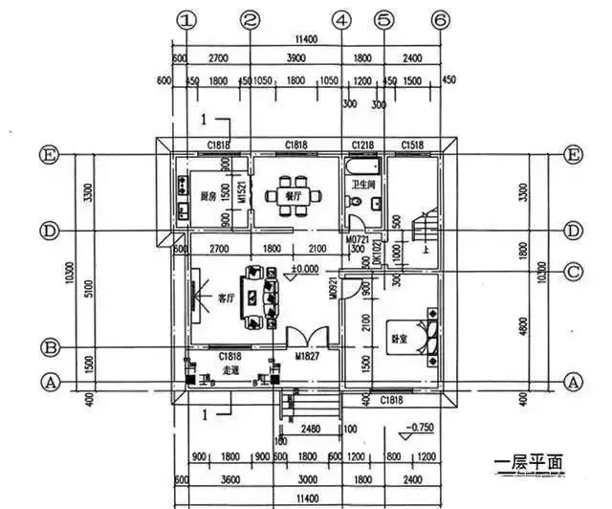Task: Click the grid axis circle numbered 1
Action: (x=187, y=19)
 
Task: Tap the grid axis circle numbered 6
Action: (x=440, y=19)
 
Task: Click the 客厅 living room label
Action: (x=226, y=299)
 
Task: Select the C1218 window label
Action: (x=363, y=144)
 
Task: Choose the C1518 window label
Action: (x=413, y=144)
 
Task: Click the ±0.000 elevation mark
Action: (x=305, y=269)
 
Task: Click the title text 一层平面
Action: (x=530, y=465)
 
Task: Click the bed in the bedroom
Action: (x=425, y=331)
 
